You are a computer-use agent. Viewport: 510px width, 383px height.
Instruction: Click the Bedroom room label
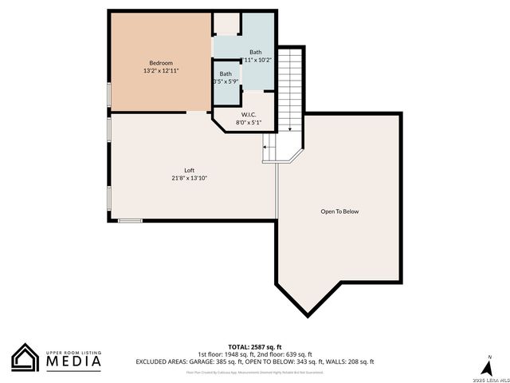tap(161, 63)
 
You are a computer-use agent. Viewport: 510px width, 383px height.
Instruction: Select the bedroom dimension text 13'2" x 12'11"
tap(161, 71)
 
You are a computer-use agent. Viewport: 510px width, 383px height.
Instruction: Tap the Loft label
tap(190, 170)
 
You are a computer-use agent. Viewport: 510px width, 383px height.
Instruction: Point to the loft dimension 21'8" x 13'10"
tap(190, 178)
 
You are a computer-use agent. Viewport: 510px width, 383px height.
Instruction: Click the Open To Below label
tap(340, 211)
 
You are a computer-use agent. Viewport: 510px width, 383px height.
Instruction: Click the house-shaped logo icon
tap(25, 357)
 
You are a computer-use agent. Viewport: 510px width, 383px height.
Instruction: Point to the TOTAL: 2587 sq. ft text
tap(255, 347)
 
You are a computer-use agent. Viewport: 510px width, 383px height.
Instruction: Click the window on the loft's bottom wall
tap(130, 220)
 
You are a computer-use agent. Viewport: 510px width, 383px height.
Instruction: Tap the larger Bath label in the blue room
tap(255, 52)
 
